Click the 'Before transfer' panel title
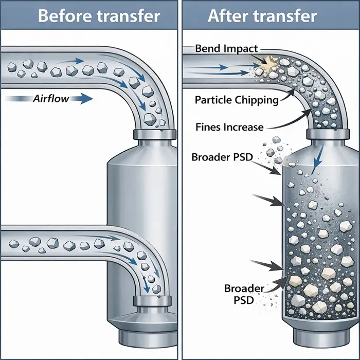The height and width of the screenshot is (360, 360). tap(99, 15)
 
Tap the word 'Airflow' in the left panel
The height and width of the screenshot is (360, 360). tap(51, 98)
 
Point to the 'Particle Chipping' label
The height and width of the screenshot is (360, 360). tap(236, 100)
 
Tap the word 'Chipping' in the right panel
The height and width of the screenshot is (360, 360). tap(257, 100)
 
